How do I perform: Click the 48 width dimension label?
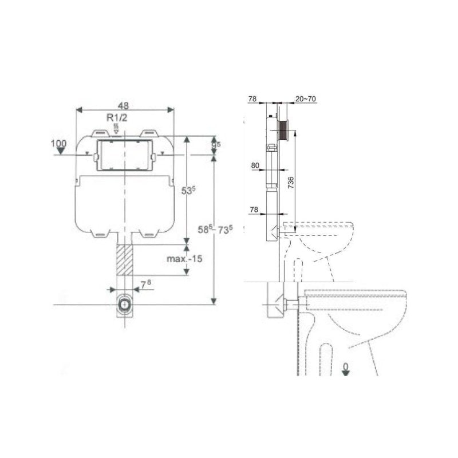(x=123, y=105)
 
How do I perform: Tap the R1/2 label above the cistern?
(x=116, y=117)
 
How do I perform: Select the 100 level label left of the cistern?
(x=59, y=143)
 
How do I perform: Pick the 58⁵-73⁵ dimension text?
(x=215, y=229)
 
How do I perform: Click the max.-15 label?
(x=184, y=258)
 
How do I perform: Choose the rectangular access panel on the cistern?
(x=124, y=155)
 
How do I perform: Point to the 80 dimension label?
(x=255, y=166)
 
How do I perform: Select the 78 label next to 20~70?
(x=252, y=99)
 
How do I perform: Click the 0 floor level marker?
(x=345, y=365)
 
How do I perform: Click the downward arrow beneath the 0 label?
(x=345, y=373)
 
